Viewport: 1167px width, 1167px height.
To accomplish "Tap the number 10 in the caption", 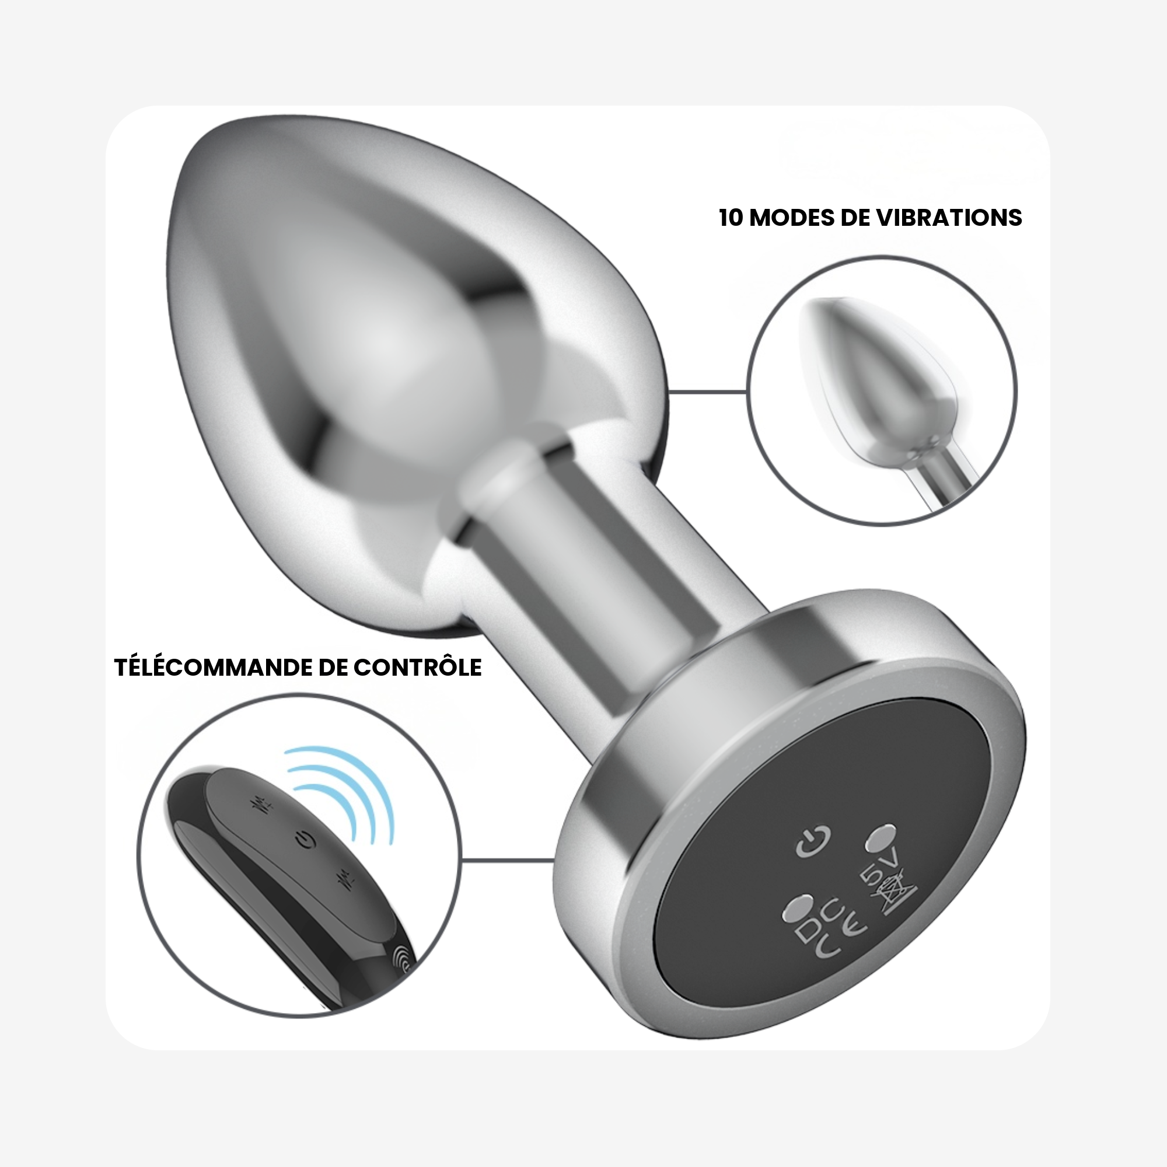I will pos(731,218).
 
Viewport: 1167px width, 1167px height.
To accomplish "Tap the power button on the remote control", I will pos(306,839).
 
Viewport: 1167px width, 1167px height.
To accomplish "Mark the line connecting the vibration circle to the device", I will pos(708,392).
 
